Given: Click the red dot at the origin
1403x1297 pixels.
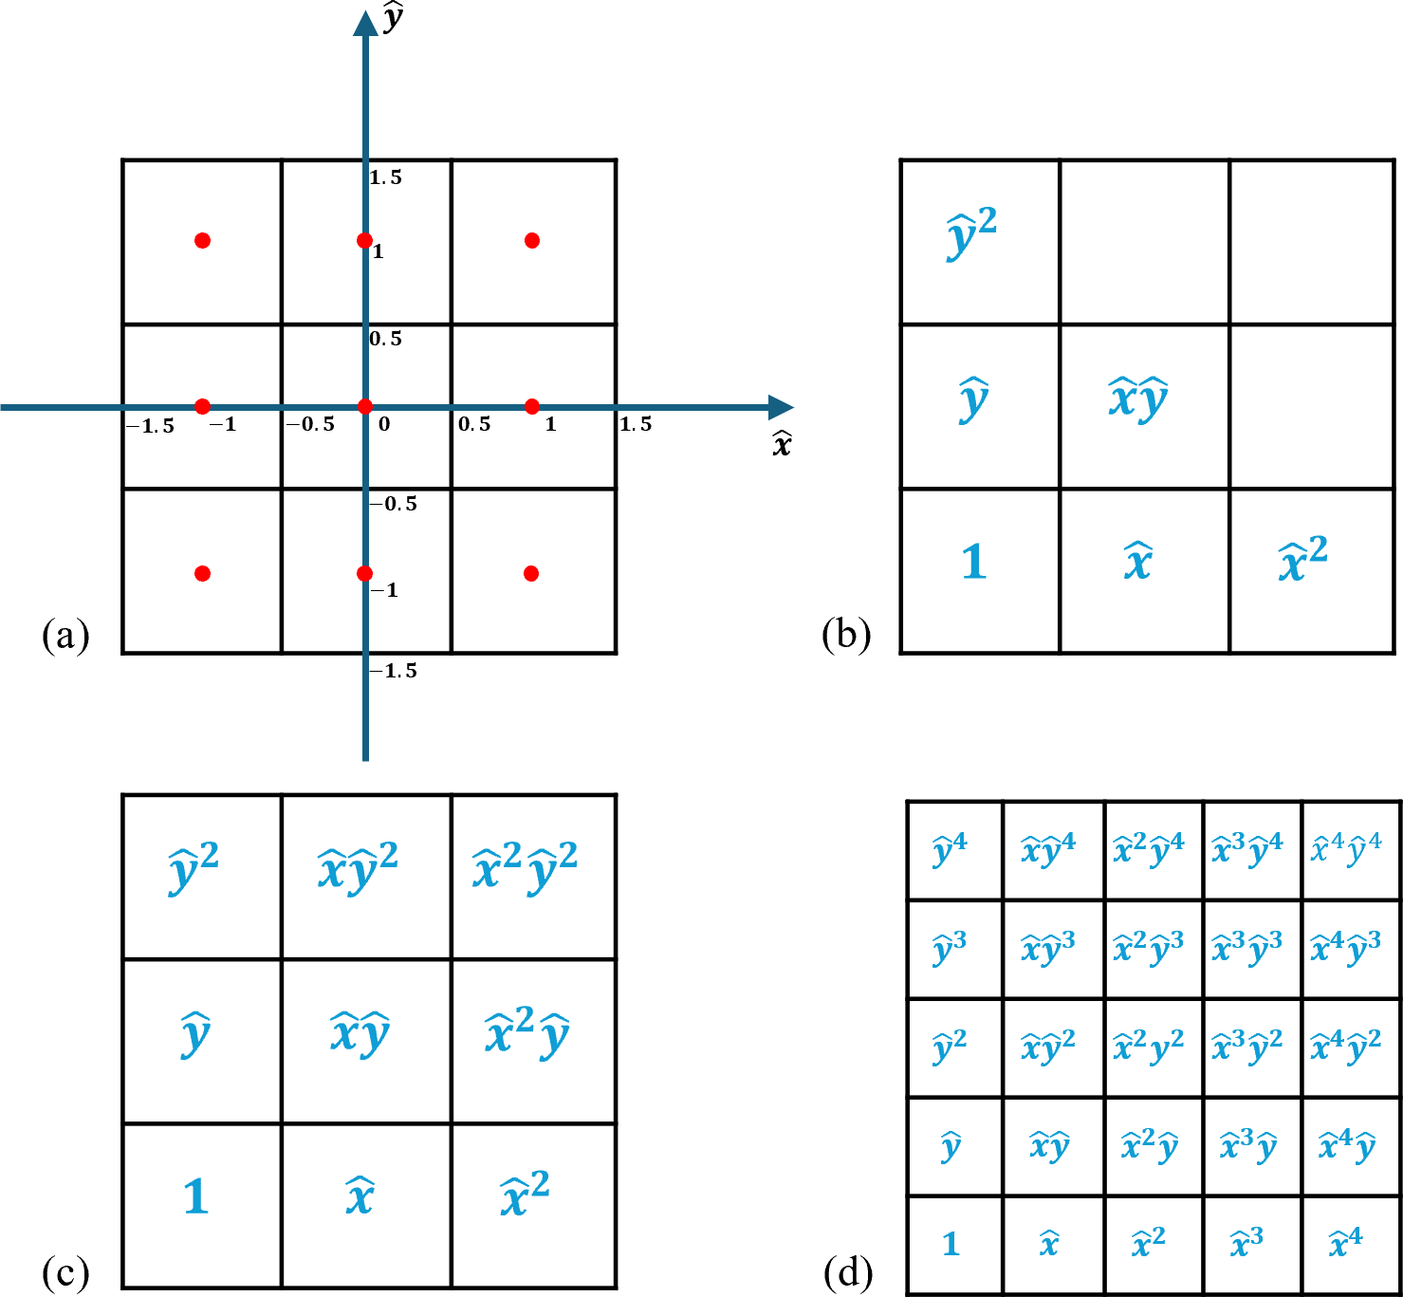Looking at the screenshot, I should point(365,407).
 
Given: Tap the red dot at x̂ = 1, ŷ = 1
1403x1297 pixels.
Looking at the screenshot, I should point(532,241).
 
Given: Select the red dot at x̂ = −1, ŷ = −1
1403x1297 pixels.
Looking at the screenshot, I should point(202,573).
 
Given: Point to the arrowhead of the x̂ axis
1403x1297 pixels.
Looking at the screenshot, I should point(782,407).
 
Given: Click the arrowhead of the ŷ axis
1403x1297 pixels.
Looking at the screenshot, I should point(365,23).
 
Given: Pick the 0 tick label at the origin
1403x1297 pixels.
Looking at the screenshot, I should point(384,424).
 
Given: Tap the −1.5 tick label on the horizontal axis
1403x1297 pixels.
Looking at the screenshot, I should point(151,426).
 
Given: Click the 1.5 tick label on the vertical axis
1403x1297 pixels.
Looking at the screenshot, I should point(386,177).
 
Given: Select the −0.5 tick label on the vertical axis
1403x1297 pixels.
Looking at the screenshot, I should point(395,504).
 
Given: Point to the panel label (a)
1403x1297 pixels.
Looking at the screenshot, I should point(65,635).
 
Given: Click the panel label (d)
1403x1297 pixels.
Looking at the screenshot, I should point(848,1272).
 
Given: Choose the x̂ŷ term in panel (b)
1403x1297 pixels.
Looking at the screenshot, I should point(1138,398).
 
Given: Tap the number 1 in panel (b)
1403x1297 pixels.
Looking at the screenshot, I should point(974,562).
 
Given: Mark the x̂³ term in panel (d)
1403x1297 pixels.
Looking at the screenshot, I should point(1246,1242).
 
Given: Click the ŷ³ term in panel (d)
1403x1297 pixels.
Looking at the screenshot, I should point(950,948).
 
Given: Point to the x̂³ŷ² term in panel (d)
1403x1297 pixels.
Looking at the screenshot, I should point(1247,1046).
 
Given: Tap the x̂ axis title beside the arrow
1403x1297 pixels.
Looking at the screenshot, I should point(782,444).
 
